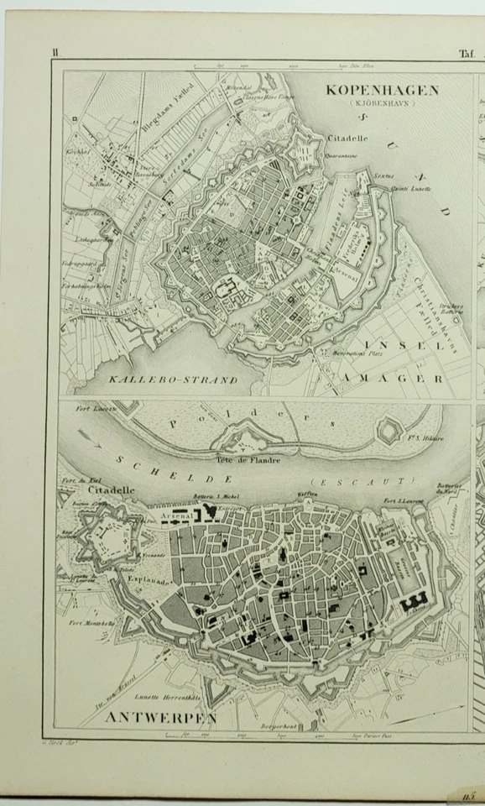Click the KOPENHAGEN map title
382,90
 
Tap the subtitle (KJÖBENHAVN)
382,104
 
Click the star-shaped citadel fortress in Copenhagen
310,151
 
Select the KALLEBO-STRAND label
174,379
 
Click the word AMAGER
392,379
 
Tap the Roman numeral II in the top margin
55,53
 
